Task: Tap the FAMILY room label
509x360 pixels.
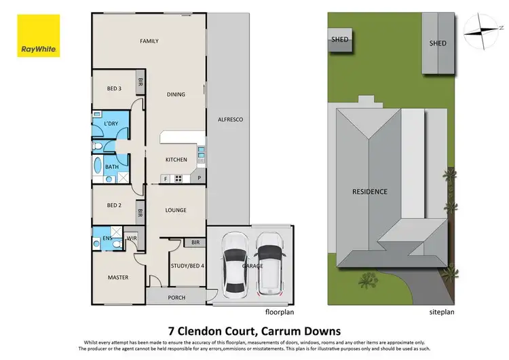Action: [x=149, y=41]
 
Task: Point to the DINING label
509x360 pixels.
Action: [x=176, y=94]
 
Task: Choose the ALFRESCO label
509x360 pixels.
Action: [x=230, y=120]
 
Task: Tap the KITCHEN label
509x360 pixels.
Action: [x=176, y=160]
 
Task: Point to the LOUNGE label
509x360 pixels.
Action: [x=176, y=211]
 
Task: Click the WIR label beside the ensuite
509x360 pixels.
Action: [x=132, y=238]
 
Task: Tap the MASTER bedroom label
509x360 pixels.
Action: [x=118, y=277]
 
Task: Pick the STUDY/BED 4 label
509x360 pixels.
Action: [x=186, y=266]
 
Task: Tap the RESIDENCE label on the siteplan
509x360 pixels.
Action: [x=369, y=192]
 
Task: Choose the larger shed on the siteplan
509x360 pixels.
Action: [x=438, y=43]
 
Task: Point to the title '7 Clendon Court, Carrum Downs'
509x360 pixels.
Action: [x=254, y=328]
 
